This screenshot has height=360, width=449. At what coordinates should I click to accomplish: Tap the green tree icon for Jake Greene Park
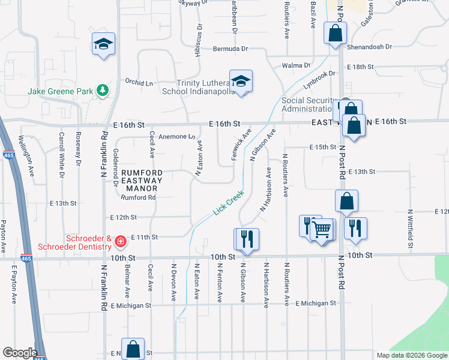tap(103, 90)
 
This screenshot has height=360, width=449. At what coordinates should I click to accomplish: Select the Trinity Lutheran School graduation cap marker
tap(241, 81)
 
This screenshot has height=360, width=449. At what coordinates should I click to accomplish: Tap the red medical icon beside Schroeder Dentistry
tap(120, 242)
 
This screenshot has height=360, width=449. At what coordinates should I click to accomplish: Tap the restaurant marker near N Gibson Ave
tap(247, 239)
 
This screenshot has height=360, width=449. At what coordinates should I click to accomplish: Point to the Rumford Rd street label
tap(138, 197)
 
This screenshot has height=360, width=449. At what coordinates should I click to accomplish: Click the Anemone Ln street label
tap(171, 137)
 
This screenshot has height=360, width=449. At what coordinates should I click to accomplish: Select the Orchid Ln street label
tap(139, 82)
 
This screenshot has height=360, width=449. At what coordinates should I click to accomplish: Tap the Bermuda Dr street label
tap(229, 49)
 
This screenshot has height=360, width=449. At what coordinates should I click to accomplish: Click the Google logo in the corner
tap(19, 353)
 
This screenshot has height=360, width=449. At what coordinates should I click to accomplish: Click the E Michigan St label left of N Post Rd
tap(316, 304)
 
